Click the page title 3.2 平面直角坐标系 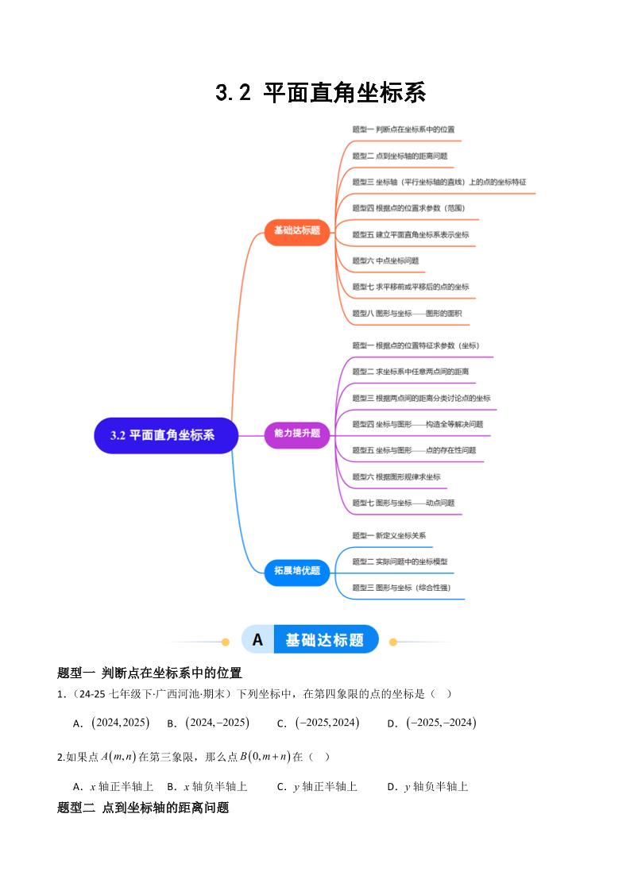[x=320, y=93]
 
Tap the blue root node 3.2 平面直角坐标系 [x=166, y=435]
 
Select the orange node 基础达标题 [x=297, y=230]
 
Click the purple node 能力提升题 [x=297, y=434]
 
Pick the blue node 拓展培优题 [x=297, y=570]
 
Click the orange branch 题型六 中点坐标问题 [x=385, y=260]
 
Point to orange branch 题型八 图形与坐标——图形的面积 [x=407, y=314]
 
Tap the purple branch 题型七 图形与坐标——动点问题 [x=404, y=503]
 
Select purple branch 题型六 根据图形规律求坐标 [x=396, y=476]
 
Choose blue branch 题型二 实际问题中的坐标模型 [x=400, y=561]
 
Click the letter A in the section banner [x=257, y=640]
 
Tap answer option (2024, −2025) [x=217, y=723]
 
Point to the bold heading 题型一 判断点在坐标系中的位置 [x=149, y=673]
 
